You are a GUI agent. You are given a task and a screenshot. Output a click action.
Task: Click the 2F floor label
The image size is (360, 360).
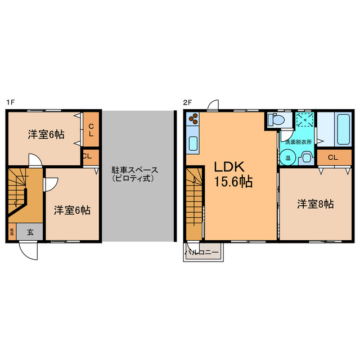(x=188, y=103)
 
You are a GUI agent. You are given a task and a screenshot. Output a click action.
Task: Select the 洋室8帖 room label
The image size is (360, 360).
(x=316, y=205)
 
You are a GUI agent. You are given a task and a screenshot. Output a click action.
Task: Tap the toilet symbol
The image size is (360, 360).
(x=276, y=120)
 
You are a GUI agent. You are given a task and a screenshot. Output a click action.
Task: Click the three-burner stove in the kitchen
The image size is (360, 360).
(x=192, y=119)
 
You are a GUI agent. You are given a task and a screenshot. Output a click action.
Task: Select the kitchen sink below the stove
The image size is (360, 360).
(x=192, y=144)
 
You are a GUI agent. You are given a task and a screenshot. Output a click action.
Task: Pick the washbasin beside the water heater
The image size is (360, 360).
(x=306, y=158)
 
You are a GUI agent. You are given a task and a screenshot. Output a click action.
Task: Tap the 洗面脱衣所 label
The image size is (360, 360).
(x=296, y=142)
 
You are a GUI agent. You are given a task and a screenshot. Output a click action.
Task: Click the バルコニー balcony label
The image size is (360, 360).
(x=202, y=253)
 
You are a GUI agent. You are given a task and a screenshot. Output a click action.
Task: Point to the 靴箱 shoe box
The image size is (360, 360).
(x=11, y=231)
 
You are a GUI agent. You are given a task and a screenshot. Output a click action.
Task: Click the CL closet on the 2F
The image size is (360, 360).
(x=332, y=157)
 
